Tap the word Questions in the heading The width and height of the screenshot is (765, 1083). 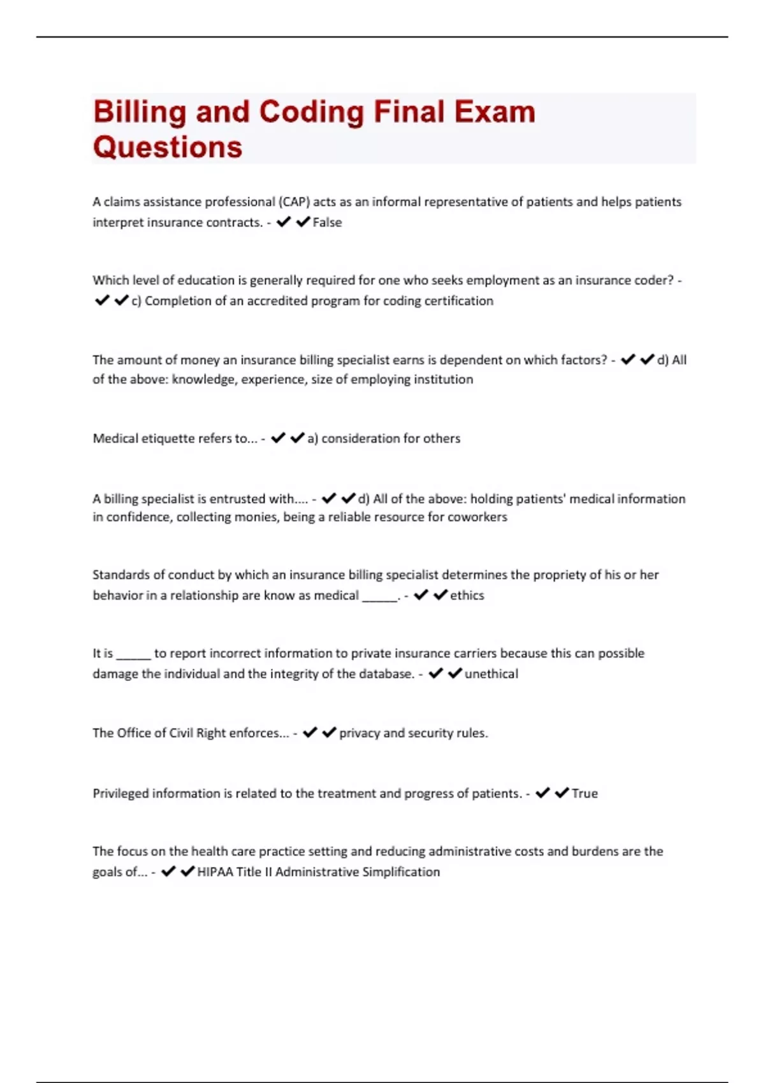[168, 147]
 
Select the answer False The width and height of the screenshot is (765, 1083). [327, 222]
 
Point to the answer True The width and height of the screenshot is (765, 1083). [585, 793]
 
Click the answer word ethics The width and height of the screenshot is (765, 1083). [467, 595]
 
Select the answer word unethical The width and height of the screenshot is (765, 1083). [491, 673]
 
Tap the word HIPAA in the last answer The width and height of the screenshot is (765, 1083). [215, 871]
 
